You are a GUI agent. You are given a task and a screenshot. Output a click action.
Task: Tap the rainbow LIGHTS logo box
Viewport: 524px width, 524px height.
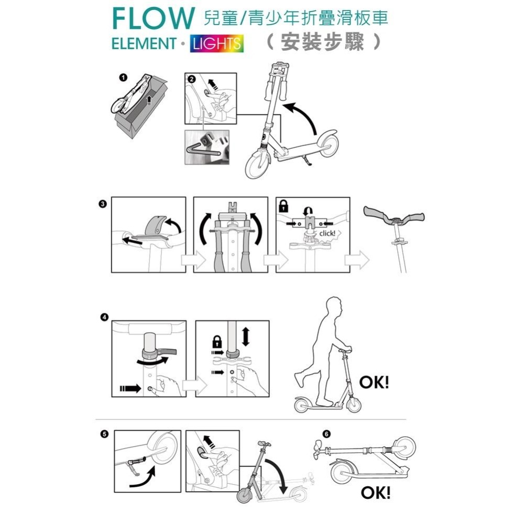[x=217, y=43]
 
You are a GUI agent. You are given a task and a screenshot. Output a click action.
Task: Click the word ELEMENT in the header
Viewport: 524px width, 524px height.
[x=143, y=43]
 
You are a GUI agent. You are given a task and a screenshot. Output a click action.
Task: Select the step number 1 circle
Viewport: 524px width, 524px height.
[x=123, y=78]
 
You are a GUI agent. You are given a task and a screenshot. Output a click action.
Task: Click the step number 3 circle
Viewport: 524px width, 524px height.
[x=103, y=203]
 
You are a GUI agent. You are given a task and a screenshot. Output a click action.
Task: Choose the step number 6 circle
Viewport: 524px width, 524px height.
[x=327, y=434]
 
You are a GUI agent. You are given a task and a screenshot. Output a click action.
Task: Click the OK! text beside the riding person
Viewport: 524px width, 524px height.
[x=374, y=383]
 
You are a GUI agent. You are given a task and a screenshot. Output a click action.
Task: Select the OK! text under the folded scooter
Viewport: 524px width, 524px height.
[x=376, y=493]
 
